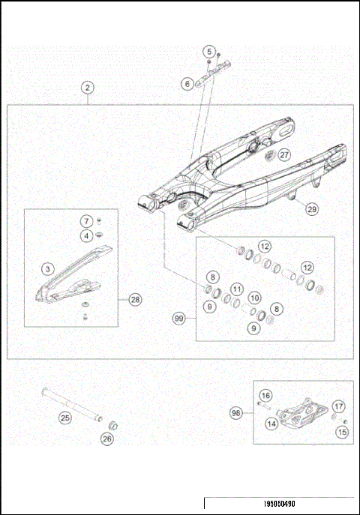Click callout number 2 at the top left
88,88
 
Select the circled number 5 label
208,51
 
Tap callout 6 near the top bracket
187,85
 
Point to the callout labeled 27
284,154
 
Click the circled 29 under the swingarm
311,210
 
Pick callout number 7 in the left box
87,221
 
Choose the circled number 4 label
87,235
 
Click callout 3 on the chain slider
46,268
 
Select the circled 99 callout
178,319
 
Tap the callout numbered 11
236,289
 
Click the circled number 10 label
254,298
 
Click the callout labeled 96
235,412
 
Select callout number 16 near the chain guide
265,395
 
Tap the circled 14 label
270,424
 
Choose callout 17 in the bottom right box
338,406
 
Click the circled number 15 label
342,432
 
